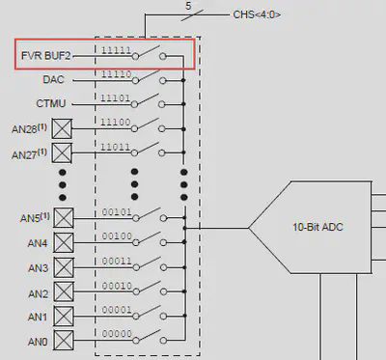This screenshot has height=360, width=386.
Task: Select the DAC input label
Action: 54,80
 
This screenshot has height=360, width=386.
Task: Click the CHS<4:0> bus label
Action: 259,14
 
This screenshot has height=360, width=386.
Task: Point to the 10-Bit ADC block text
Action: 319,229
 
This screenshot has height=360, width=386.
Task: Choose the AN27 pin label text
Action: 28,153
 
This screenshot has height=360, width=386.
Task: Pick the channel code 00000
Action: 116,332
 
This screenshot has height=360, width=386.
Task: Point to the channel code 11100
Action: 116,121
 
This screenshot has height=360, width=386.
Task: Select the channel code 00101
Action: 116,211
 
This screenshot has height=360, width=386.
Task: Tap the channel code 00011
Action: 116,260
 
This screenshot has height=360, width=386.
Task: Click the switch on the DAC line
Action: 149,78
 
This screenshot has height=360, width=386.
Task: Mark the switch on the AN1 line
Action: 149,314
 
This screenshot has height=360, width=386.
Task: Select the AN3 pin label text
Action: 39,267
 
